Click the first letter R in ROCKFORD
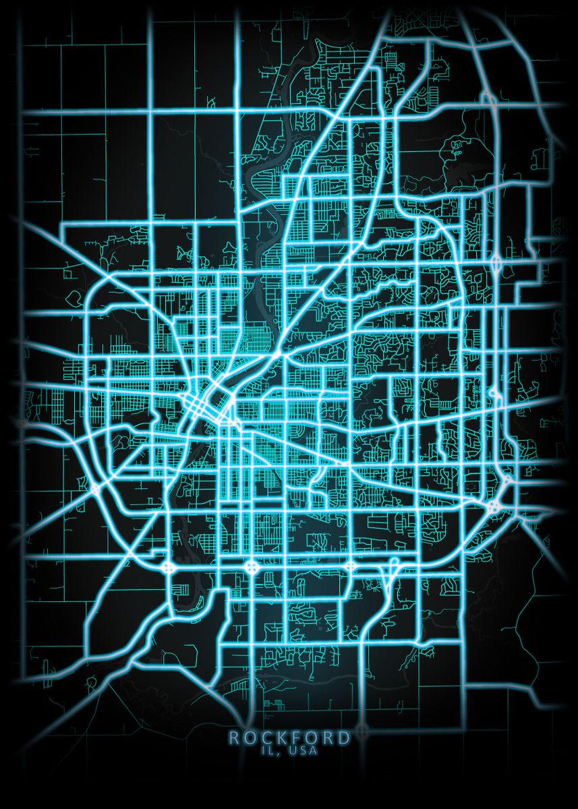233,738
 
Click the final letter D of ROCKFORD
345,738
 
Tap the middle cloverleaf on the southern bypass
252,566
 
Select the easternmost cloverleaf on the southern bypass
350,566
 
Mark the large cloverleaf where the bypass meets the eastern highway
496,505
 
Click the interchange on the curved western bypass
94,487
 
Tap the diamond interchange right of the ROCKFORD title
363,729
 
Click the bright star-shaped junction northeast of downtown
278,353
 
